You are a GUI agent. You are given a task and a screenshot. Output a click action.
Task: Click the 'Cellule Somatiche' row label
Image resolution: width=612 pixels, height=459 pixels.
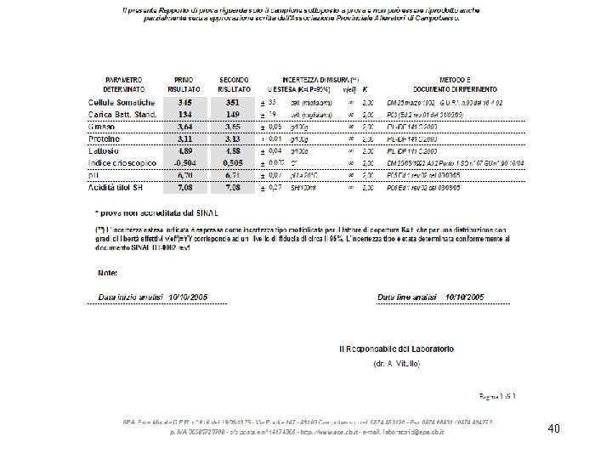coord(122,101)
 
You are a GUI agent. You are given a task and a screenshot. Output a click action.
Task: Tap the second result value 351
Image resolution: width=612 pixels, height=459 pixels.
coord(233,101)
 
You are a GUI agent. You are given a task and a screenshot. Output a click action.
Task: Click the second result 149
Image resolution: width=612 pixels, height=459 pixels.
coord(233,113)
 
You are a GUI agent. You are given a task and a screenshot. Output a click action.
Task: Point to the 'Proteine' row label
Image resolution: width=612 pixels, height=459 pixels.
coord(105,138)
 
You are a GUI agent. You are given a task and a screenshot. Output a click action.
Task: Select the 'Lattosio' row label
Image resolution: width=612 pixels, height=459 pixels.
coord(105,150)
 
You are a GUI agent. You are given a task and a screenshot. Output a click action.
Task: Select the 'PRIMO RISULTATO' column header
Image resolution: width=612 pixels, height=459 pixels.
coord(187,83)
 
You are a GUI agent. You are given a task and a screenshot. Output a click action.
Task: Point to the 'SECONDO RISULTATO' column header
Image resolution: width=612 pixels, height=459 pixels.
coord(233,83)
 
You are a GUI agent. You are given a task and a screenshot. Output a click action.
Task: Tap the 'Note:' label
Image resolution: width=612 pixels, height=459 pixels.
coord(107,273)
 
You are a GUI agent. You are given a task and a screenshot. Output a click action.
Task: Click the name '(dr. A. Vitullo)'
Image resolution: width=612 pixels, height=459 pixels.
coord(397,363)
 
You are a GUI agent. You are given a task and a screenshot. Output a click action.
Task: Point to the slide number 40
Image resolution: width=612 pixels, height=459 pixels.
coord(554,429)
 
